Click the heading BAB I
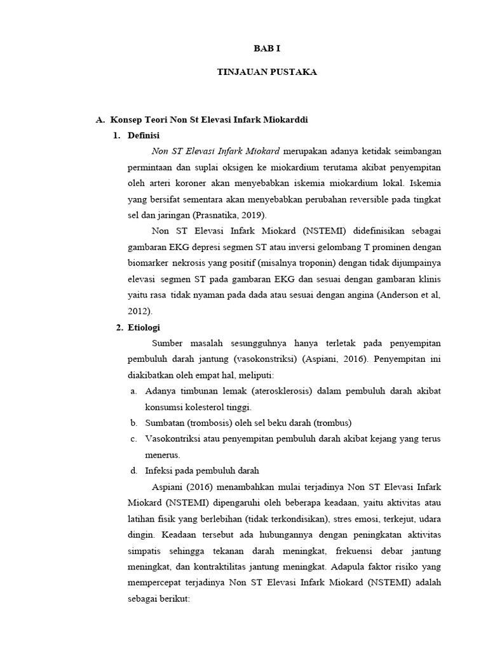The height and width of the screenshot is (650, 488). pos(267,48)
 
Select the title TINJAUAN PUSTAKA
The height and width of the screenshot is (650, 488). pos(267,72)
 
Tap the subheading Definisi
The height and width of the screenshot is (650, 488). pos(144,135)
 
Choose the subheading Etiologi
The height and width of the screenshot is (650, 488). pos(144,328)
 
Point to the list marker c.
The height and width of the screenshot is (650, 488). pos(134,439)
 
